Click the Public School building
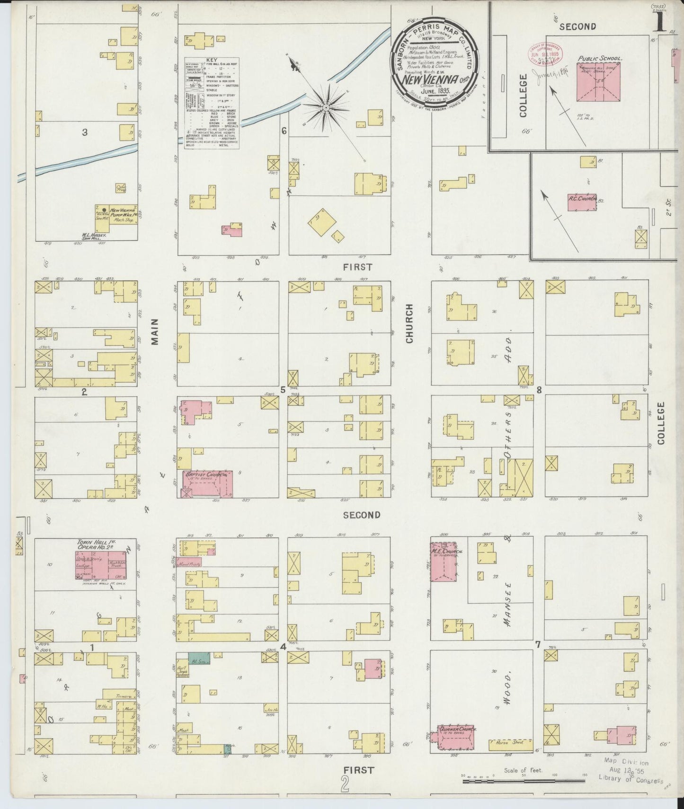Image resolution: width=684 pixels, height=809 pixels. pos(598,83)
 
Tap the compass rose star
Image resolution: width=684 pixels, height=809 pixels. pos(326,108)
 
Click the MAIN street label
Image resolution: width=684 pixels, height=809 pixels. pos(155,332)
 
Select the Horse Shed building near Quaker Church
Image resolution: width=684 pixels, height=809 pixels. pos(512,745)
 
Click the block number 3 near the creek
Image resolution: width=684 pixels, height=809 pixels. pos(85,132)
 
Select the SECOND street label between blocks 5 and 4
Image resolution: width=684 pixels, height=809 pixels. pos(361,515)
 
